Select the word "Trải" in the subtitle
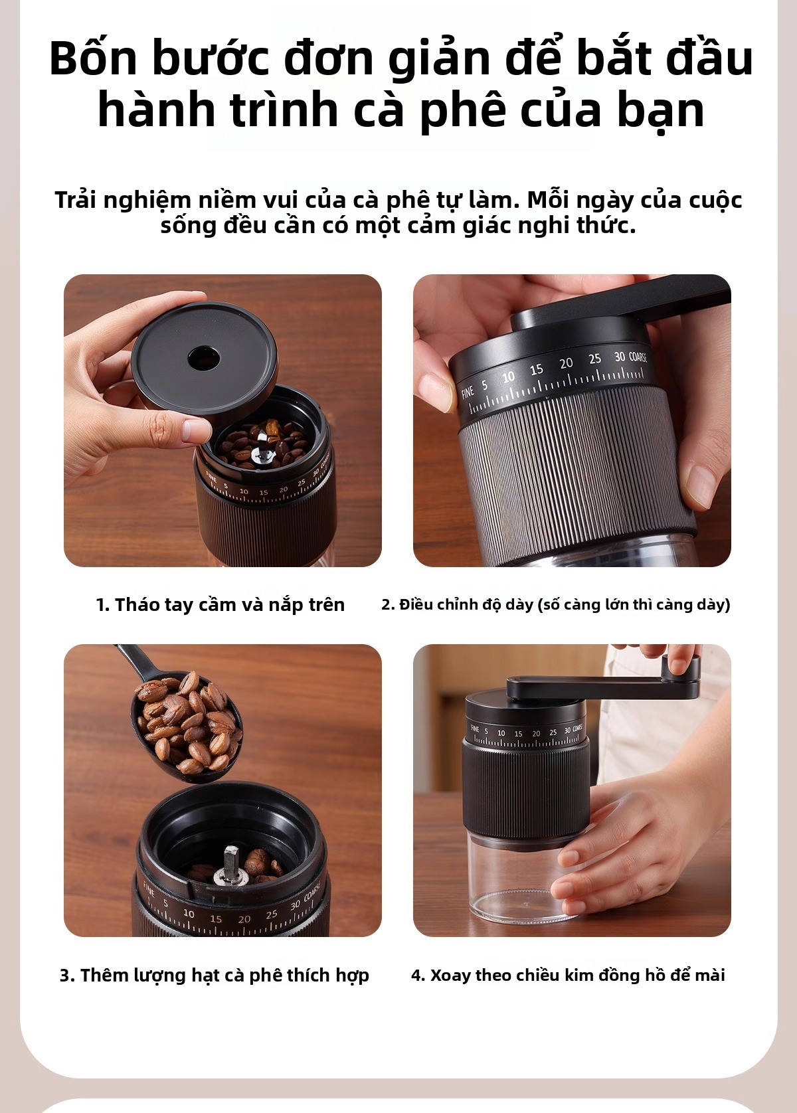(x=75, y=200)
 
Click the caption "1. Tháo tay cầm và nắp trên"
(x=220, y=605)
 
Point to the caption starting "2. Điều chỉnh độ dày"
(x=555, y=605)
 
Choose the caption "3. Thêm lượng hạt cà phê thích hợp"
(x=214, y=976)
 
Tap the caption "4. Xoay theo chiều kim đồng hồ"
(x=568, y=976)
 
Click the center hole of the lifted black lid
(x=204, y=357)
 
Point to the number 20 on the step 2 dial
(x=566, y=364)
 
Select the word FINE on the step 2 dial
(x=468, y=392)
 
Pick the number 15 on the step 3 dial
(x=215, y=918)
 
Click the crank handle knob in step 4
(x=683, y=665)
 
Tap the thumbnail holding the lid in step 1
(x=195, y=430)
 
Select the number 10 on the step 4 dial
(x=501, y=733)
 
